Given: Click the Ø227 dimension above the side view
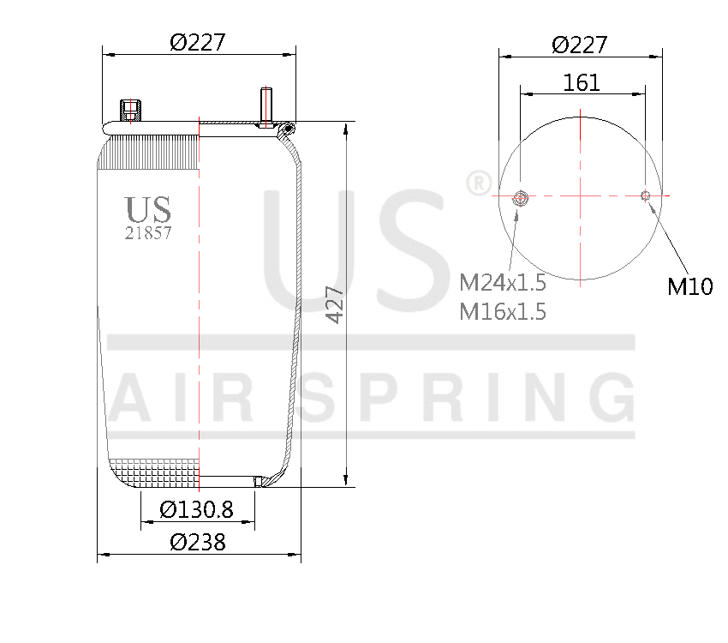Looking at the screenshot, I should tap(197, 42).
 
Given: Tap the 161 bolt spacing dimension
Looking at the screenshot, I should tap(582, 82).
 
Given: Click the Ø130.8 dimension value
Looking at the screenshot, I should tap(197, 509).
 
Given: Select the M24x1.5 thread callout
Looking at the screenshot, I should tap(503, 283).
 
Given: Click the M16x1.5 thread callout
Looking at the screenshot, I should tap(503, 311).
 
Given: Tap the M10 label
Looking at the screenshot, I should tap(689, 287).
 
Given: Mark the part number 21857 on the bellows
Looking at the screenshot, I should tap(148, 232).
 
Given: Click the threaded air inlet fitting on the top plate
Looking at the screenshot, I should tap(131, 111).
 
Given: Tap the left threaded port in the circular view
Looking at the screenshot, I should tap(519, 199).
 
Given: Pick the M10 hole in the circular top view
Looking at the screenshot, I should tap(646, 195).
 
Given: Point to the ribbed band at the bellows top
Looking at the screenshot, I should tap(151, 151).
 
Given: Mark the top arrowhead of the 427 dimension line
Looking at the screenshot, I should tap(346, 129).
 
